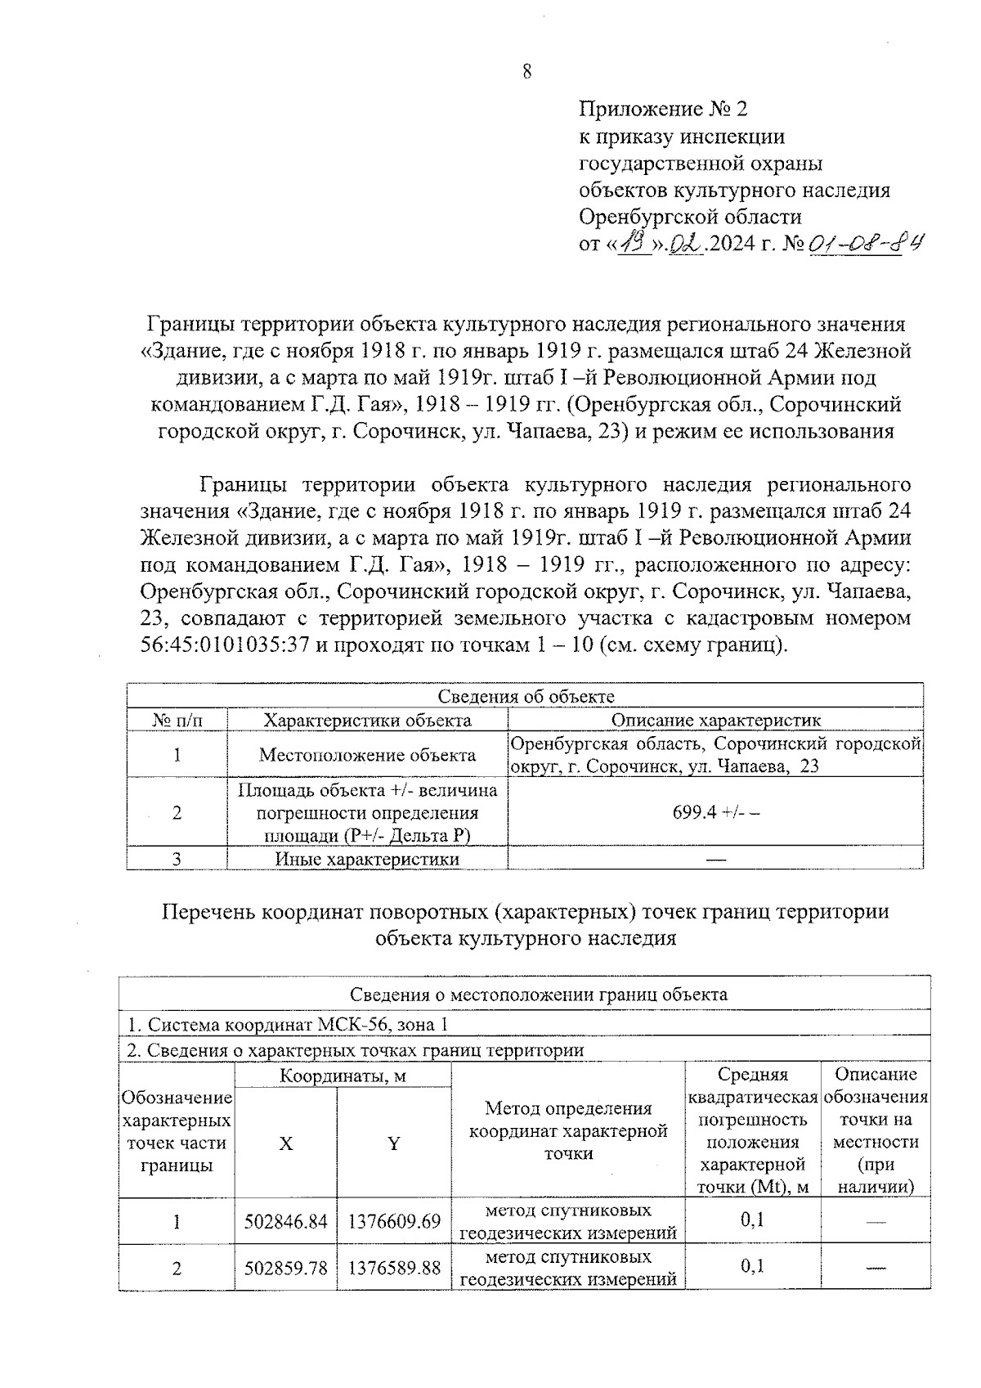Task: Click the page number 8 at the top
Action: tap(526, 72)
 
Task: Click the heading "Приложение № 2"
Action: tap(663, 109)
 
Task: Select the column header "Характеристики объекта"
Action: tap(367, 720)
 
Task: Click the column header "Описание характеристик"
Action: tap(716, 720)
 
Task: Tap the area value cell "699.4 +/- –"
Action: tap(716, 812)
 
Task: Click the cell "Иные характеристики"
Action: tap(367, 859)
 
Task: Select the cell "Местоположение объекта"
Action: tap(367, 755)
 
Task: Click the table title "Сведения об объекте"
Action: tap(526, 696)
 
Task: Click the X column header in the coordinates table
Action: tap(285, 1143)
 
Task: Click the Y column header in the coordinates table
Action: tap(393, 1143)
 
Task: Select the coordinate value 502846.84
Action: tap(285, 1222)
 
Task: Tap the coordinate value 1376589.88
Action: tap(394, 1269)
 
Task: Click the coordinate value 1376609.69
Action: tap(394, 1222)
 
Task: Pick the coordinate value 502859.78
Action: tap(285, 1269)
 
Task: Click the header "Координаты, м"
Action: tap(343, 1076)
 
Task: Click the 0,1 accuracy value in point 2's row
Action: tap(752, 1267)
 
